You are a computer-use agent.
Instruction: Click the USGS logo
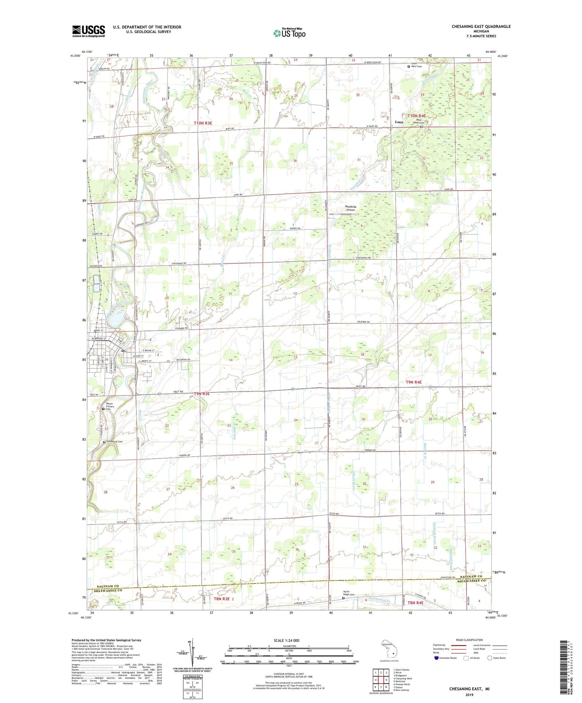88,31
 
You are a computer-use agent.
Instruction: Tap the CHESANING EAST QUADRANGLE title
481,26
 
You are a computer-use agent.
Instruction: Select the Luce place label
399,122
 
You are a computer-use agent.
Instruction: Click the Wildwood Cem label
114,442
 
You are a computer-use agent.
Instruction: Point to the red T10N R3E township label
203,123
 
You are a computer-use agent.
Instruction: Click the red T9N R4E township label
414,382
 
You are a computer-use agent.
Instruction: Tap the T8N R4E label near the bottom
415,603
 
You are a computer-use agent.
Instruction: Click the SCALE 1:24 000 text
286,640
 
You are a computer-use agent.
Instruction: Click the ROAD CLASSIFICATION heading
469,640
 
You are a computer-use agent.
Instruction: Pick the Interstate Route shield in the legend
436,658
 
